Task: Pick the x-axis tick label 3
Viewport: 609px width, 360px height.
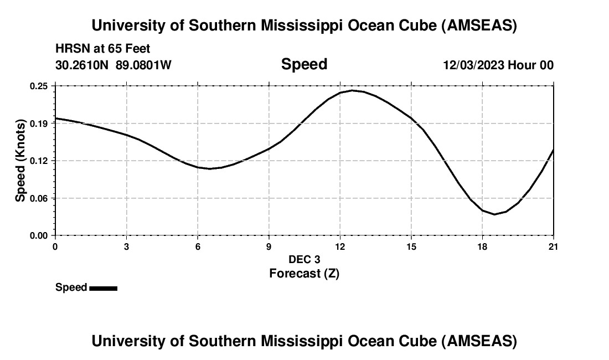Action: tap(126, 246)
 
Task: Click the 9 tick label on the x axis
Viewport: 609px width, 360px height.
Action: tap(269, 246)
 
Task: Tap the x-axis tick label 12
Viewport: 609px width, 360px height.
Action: tap(340, 246)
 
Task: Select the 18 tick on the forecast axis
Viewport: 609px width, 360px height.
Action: tap(482, 246)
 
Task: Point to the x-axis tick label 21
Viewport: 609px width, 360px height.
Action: tap(553, 246)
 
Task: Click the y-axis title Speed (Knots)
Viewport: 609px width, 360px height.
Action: tap(20, 160)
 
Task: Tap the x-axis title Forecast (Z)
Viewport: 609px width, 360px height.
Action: tap(304, 273)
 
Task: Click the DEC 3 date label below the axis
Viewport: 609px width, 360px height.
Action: tap(304, 259)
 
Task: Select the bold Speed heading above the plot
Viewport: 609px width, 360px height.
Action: tap(304, 64)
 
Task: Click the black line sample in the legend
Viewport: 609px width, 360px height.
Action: tap(103, 288)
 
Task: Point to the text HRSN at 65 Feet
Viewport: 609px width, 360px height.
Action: tap(103, 49)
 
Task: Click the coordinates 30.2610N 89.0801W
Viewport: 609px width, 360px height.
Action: tap(113, 65)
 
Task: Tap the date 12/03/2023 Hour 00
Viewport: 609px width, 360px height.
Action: tap(498, 65)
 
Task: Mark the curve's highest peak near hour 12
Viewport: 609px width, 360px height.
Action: tap(352, 90)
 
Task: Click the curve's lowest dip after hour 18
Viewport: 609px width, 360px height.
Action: tap(494, 214)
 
